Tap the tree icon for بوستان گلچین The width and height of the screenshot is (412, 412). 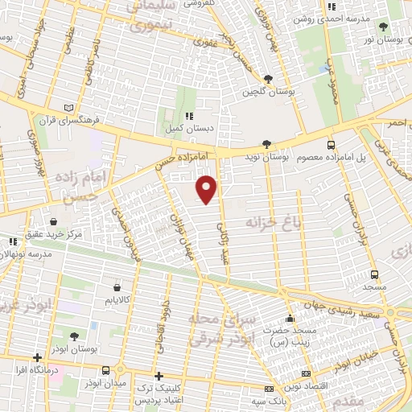click(268, 79)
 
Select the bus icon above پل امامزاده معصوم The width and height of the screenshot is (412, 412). click(332, 145)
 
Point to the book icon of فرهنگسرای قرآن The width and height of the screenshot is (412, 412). click(68, 106)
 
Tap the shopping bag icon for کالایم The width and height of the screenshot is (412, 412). click(117, 286)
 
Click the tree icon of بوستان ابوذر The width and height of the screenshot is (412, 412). click(74, 336)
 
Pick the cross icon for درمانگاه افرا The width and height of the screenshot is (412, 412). click(36, 358)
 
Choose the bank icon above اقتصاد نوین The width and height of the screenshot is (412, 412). click(306, 374)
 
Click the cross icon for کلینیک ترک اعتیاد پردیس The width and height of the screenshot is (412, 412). click(159, 376)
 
